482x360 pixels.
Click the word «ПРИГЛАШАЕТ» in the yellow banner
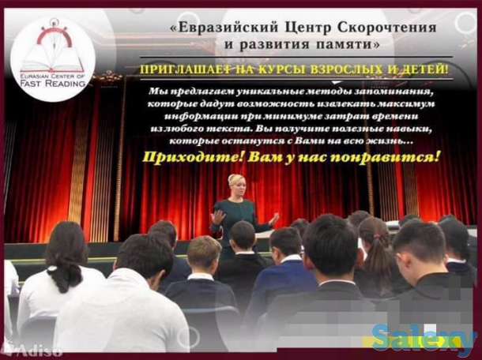187,69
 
